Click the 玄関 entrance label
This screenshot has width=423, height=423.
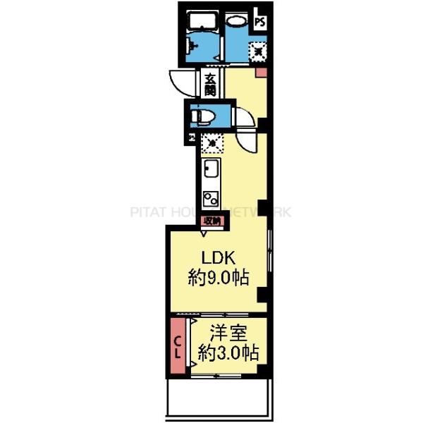211,85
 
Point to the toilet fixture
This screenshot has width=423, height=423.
205,115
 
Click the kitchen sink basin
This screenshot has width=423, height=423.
210,170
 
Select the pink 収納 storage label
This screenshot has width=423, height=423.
211,221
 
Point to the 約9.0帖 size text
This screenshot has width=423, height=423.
218,277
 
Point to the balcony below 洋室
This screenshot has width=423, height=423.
218,398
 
